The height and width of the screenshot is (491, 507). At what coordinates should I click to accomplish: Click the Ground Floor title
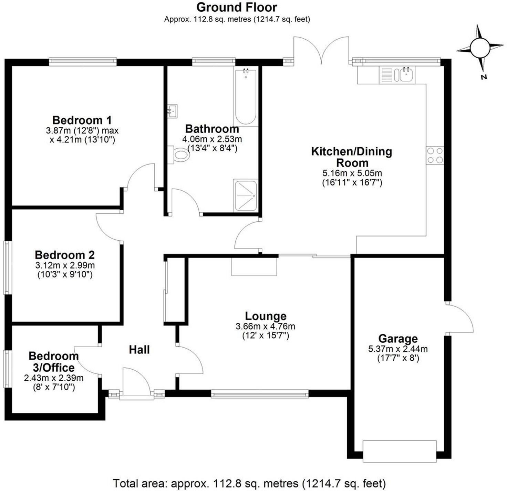(x=237, y=8)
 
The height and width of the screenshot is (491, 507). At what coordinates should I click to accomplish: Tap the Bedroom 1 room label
(x=82, y=120)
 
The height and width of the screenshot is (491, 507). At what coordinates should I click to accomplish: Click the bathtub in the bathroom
(x=246, y=97)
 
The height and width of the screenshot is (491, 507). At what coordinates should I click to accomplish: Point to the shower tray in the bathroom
(x=246, y=195)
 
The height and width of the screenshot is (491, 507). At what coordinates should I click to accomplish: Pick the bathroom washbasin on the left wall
(x=172, y=111)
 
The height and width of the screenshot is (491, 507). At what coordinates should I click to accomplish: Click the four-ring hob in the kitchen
(x=435, y=156)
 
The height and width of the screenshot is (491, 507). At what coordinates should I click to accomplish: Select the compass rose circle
(x=480, y=49)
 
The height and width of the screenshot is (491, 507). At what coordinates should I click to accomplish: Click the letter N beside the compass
(x=484, y=77)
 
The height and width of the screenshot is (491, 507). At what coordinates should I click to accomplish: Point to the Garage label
(x=398, y=339)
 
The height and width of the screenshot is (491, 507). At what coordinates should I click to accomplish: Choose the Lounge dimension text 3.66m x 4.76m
(x=266, y=326)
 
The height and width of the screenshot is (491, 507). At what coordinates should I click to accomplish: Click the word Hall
(x=139, y=350)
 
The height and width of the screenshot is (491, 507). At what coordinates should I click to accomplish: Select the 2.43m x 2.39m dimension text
(x=54, y=378)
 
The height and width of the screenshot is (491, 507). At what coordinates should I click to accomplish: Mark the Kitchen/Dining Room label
(x=352, y=157)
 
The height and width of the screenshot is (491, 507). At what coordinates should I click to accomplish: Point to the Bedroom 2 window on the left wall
(x=8, y=267)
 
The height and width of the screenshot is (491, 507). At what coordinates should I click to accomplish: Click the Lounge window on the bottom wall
(x=260, y=393)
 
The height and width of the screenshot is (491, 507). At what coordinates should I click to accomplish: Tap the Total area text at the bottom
(x=249, y=484)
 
